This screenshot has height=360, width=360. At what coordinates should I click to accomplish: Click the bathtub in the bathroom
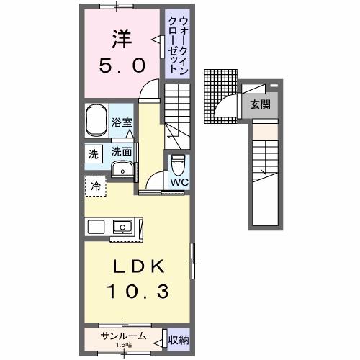tap(96, 121)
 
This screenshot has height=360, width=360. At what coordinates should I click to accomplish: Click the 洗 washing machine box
tap(94, 154)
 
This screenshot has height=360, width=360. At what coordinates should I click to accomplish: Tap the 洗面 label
tap(121, 152)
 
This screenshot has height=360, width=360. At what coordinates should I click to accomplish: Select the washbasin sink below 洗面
tap(123, 170)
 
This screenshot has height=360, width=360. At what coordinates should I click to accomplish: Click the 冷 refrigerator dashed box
tap(95, 186)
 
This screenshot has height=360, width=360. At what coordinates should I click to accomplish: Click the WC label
tap(178, 182)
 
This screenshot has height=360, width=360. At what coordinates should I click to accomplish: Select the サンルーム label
tap(124, 336)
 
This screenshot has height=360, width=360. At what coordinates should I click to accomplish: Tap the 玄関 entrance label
tap(260, 104)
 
